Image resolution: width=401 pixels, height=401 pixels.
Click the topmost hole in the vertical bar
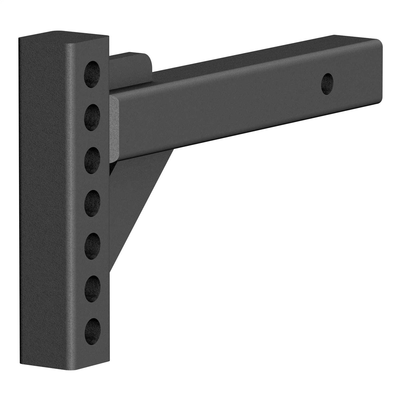(x=92, y=74)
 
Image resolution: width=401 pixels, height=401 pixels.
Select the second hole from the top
(x=92, y=117)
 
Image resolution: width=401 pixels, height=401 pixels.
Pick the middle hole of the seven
(x=92, y=203)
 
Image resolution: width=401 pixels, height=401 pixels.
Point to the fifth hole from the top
(x=92, y=246)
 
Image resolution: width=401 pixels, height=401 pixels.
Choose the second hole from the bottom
(x=92, y=289)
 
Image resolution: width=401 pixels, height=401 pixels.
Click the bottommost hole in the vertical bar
(x=92, y=332)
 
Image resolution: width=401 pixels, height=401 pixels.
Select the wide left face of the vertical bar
(x=45, y=200)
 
